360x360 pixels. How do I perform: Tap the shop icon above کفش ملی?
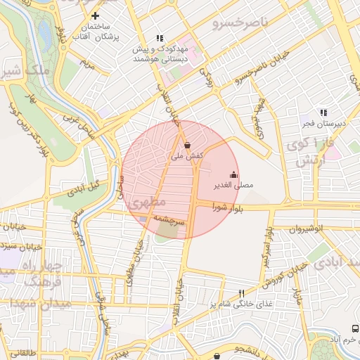coord(186,144)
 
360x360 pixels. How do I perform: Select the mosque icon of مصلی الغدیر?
coord(233,174)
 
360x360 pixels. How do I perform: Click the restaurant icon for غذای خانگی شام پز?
coord(241,293)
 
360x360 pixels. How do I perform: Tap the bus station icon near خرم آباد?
coord(354,329)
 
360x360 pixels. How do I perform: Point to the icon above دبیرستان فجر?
coord(323,112)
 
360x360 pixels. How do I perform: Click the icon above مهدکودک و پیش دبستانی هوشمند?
coord(160,39)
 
